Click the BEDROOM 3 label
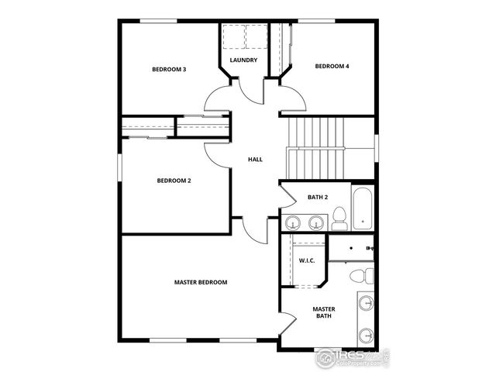pyautogui.click(x=168, y=70)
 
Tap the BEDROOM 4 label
pyautogui.click(x=332, y=67)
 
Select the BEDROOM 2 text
pyautogui.click(x=174, y=181)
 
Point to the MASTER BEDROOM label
pyautogui.click(x=201, y=282)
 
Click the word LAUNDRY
pyautogui.click(x=243, y=60)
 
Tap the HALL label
pyautogui.click(x=255, y=160)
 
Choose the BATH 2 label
pyautogui.click(x=318, y=198)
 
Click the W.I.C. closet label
pyautogui.click(x=306, y=260)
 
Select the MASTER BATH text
pyautogui.click(x=324, y=312)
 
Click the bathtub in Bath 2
pyautogui.click(x=363, y=208)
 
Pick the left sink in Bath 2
pyautogui.click(x=293, y=223)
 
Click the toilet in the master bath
pyautogui.click(x=360, y=275)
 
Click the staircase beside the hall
pyautogui.click(x=315, y=147)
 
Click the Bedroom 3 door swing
pyautogui.click(x=216, y=98)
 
